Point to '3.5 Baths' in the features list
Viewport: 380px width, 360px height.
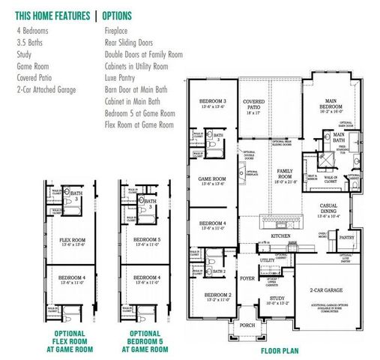[29, 43]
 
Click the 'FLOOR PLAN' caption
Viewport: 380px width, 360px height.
[280, 349]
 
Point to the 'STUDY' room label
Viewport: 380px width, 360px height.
[277, 298]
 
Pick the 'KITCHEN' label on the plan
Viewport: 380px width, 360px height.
[280, 235]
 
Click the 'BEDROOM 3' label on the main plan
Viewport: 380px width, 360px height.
[212, 101]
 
